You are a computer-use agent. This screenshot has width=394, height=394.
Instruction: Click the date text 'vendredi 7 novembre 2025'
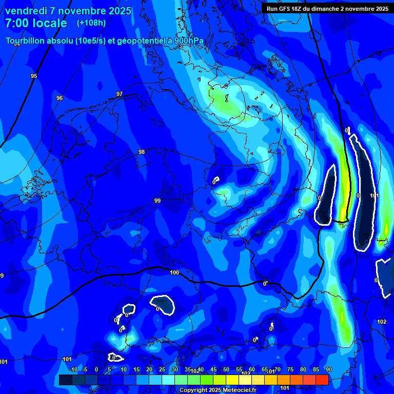pyautogui.click(x=68, y=11)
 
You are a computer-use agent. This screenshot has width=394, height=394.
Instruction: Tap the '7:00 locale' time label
pyautogui.click(x=36, y=23)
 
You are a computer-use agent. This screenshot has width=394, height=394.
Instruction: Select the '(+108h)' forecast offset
pyautogui.click(x=91, y=23)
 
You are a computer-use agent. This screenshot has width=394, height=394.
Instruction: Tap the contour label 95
pyautogui.click(x=34, y=76)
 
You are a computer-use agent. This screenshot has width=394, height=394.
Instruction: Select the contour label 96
pyautogui.click(x=60, y=98)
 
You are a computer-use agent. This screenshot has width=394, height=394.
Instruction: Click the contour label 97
pyautogui.click(x=120, y=94)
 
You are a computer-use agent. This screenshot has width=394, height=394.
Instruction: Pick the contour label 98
pyautogui.click(x=142, y=152)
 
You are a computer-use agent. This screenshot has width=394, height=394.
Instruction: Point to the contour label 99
pyautogui.click(x=158, y=201)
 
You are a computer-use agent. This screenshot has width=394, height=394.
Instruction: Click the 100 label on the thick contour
pyautogui.click(x=174, y=272)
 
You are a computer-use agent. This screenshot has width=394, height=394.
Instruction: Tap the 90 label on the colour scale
pyautogui.click(x=328, y=369)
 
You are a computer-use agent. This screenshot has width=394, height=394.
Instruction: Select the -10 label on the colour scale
pyautogui.click(x=73, y=369)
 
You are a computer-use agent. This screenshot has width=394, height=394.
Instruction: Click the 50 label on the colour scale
pyautogui.click(x=226, y=369)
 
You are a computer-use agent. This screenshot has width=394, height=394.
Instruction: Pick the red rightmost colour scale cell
pyautogui.click(x=322, y=380)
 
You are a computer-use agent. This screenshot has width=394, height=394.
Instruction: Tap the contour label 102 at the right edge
pyautogui.click(x=381, y=322)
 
